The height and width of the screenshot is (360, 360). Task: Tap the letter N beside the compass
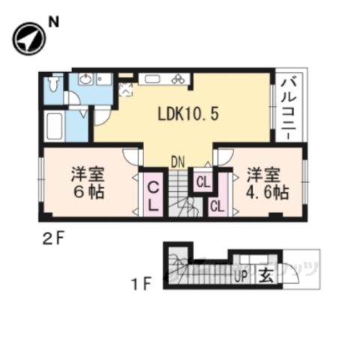click(x=53, y=22)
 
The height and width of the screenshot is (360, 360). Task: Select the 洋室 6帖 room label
click(x=88, y=182)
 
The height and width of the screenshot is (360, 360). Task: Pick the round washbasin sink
click(x=85, y=79)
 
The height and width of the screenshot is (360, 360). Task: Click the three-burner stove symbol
click(x=178, y=79)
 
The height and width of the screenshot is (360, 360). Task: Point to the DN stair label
click(x=178, y=160)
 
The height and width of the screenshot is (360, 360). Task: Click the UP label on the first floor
click(x=241, y=275)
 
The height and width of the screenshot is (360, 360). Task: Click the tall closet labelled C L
click(x=152, y=195)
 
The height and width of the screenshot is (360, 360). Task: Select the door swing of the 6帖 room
click(x=132, y=157)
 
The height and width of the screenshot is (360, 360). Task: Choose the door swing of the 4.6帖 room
click(x=224, y=156)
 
